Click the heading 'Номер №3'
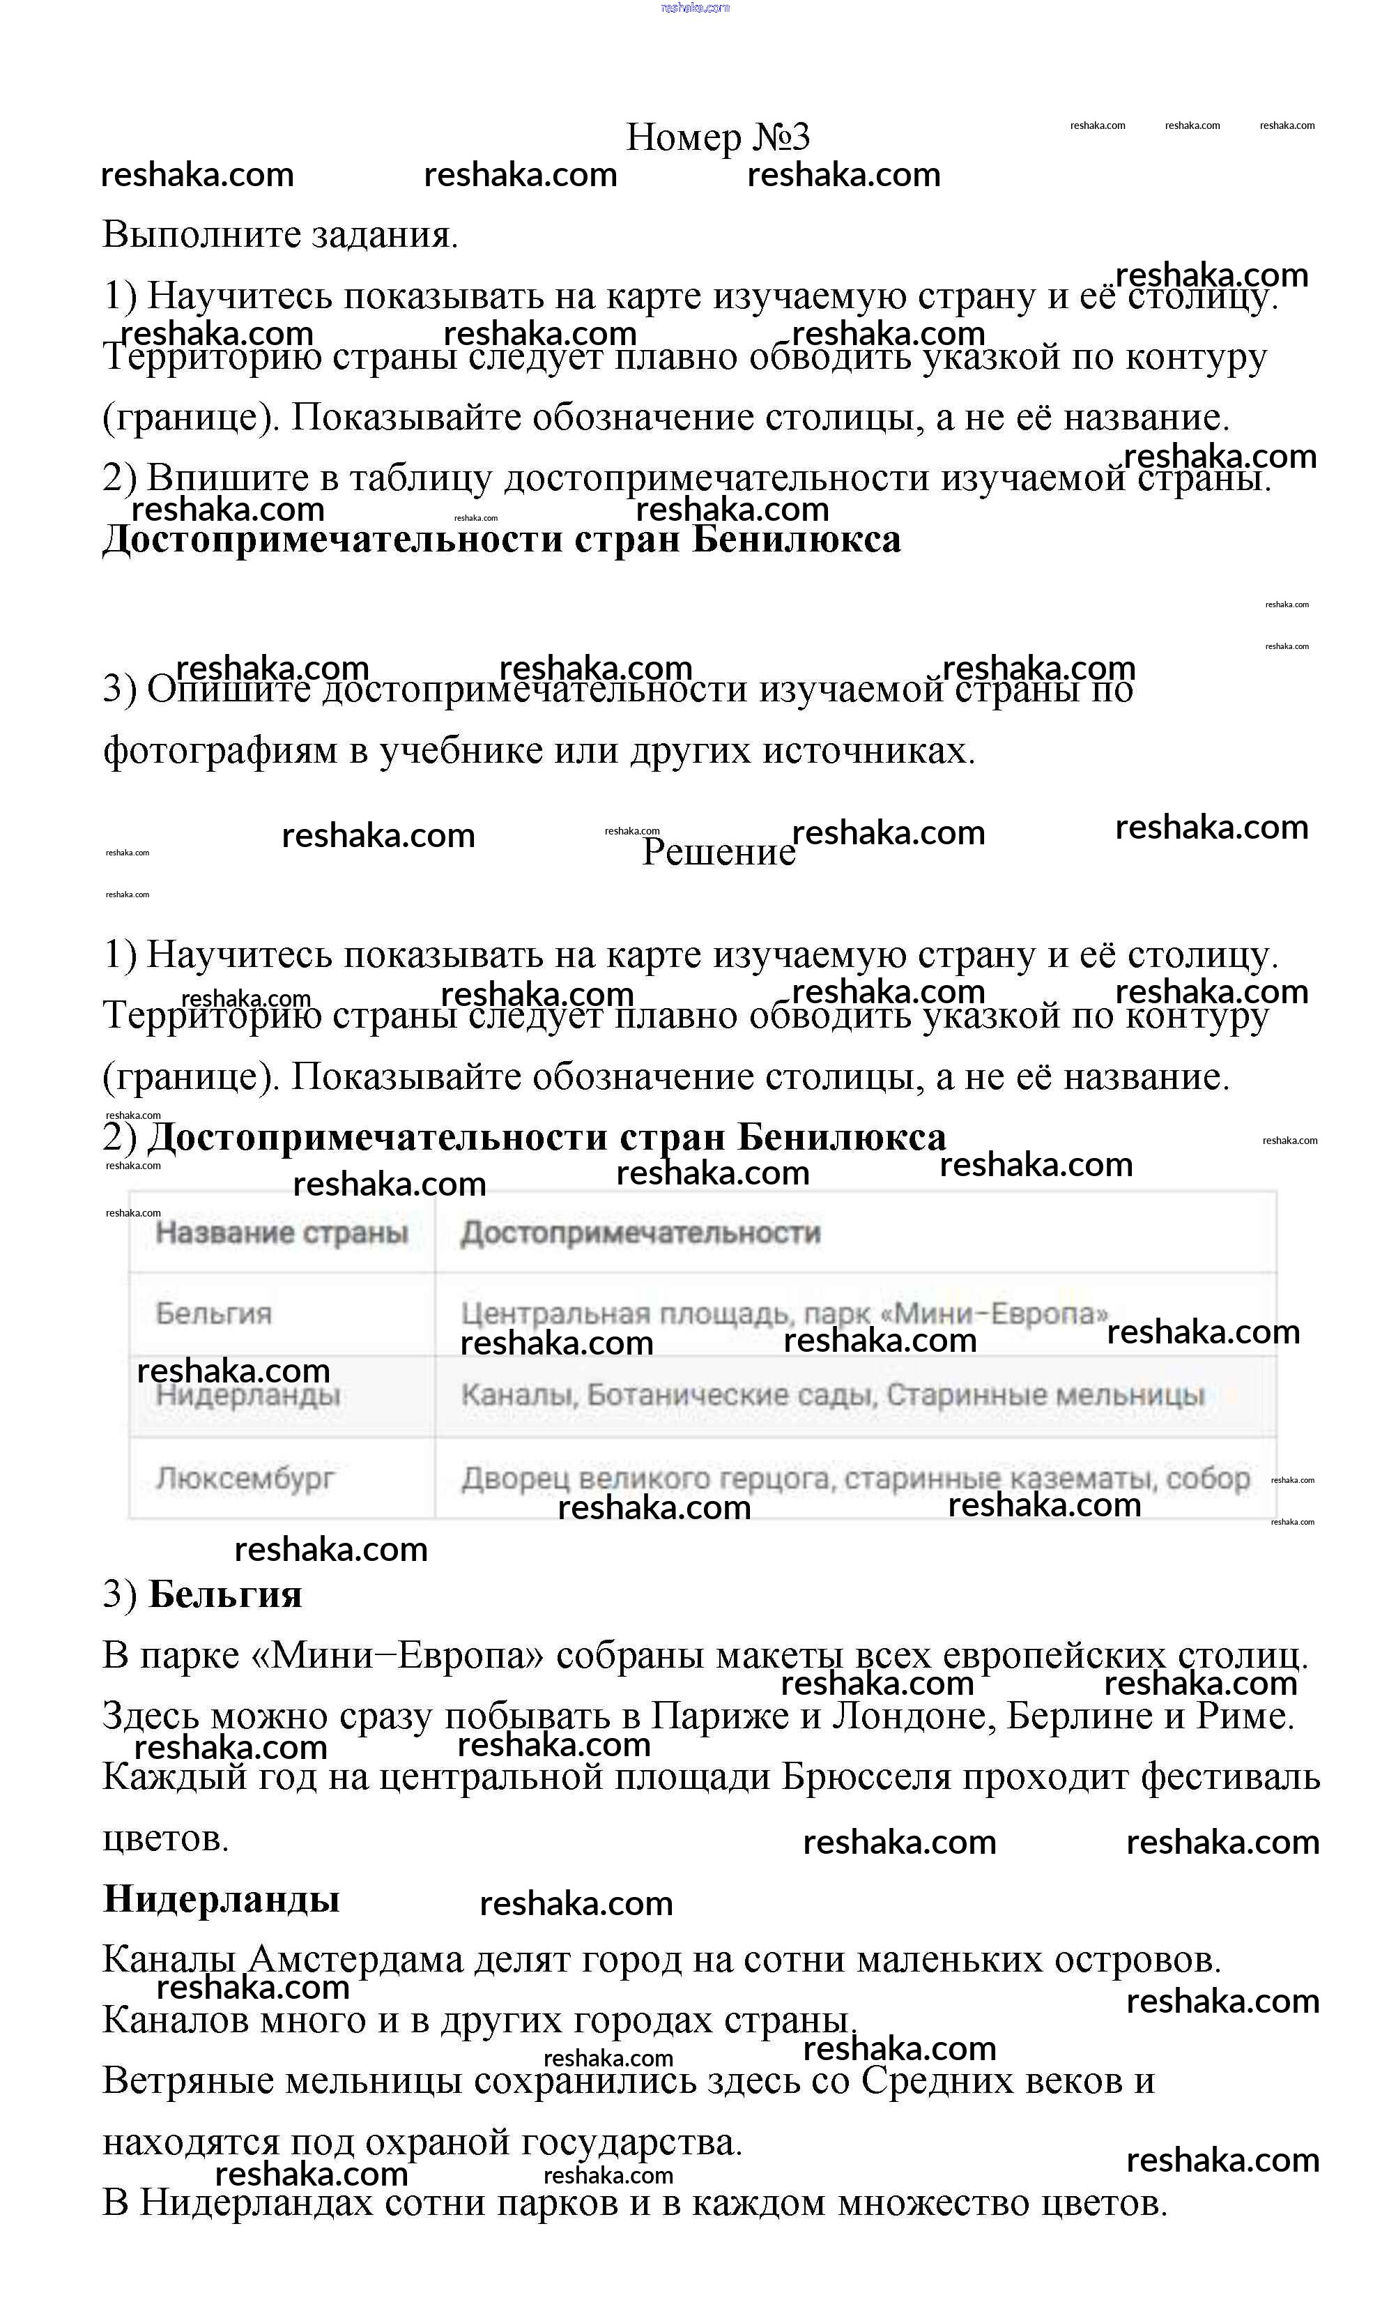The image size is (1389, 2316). (717, 137)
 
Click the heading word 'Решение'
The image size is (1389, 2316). (718, 852)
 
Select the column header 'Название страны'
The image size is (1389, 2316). (282, 1232)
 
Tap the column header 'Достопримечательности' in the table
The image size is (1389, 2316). (640, 1232)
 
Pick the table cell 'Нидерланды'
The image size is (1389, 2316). (248, 1395)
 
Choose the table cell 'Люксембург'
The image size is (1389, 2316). (245, 1478)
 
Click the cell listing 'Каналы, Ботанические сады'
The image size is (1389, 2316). (832, 1395)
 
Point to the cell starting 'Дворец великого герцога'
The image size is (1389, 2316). (854, 1478)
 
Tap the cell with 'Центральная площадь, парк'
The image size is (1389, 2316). (784, 1313)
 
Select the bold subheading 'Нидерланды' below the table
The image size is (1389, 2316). (221, 1899)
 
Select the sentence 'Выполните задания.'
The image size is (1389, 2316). (280, 234)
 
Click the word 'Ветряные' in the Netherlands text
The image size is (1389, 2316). (187, 2080)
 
